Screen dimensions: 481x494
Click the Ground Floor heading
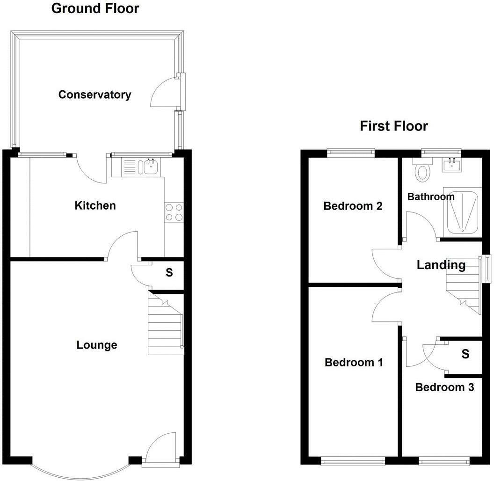pyautogui.click(x=95, y=8)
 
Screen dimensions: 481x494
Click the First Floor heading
pyautogui.click(x=393, y=126)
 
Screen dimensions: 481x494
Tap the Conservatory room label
pyautogui.click(x=94, y=95)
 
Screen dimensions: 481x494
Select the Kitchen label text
pyautogui.click(x=95, y=205)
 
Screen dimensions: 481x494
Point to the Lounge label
pyautogui.click(x=97, y=345)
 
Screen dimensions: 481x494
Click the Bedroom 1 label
pyautogui.click(x=354, y=362)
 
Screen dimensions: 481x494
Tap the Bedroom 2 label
pyautogui.click(x=353, y=206)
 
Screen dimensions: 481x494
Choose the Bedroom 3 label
pyautogui.click(x=444, y=387)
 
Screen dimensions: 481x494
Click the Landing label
pyautogui.click(x=441, y=265)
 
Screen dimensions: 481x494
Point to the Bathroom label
pyautogui.click(x=430, y=197)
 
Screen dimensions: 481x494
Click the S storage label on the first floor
pyautogui.click(x=465, y=354)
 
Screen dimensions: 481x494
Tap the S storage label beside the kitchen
pyautogui.click(x=169, y=272)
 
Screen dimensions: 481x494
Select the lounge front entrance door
pyautogui.click(x=161, y=448)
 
